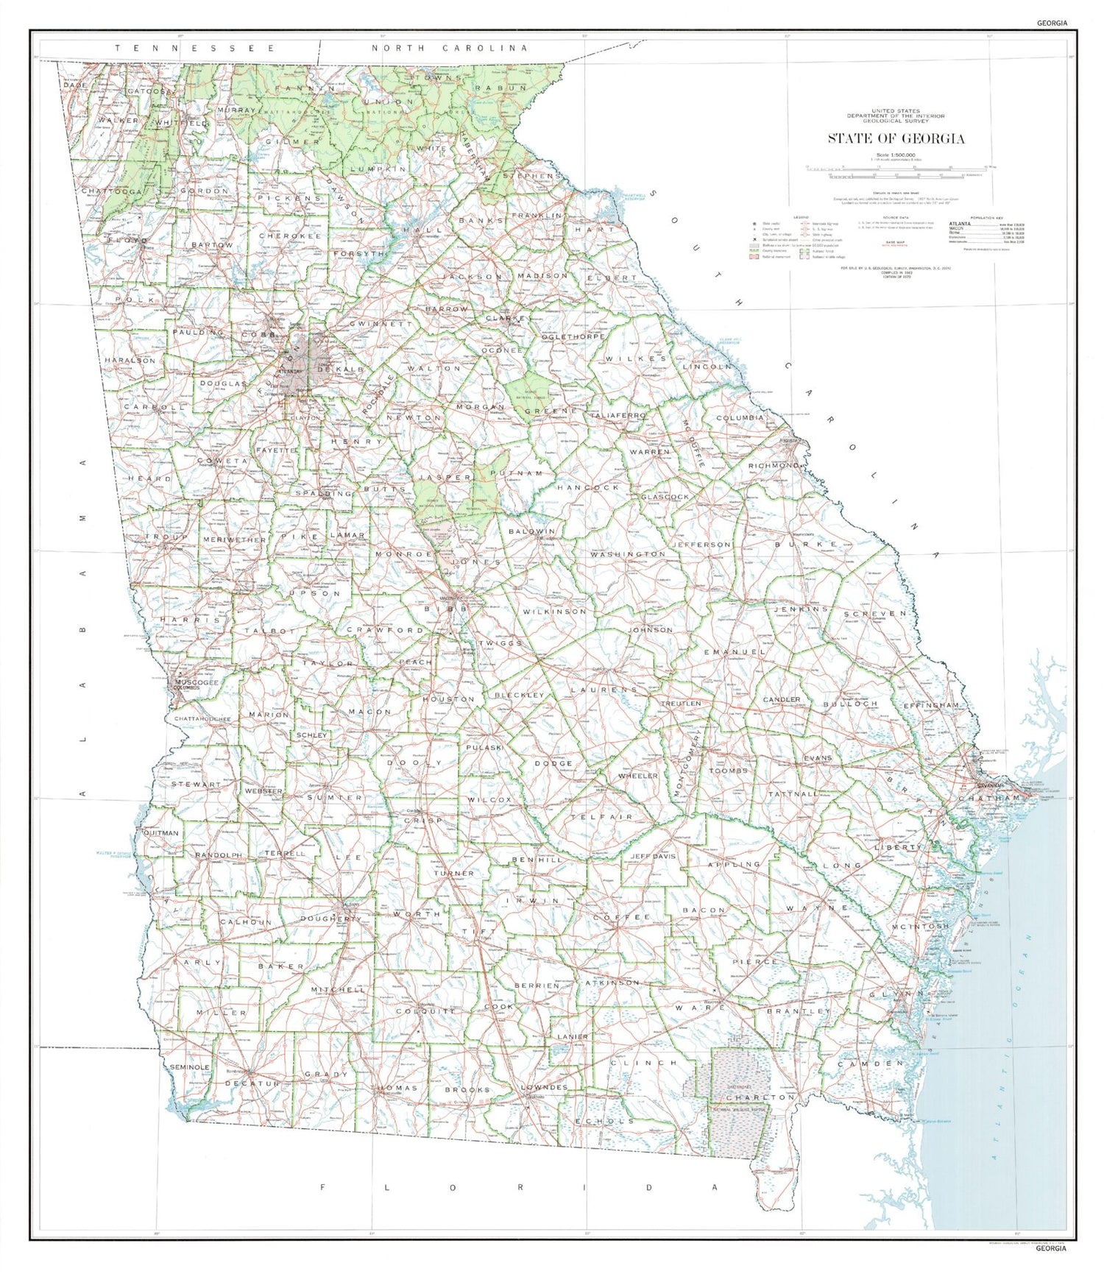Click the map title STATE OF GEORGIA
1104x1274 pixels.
(896, 138)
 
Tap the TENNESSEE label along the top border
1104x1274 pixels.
(195, 48)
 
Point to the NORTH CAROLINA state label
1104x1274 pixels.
(449, 48)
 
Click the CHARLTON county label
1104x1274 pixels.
(760, 1097)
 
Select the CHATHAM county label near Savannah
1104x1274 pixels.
(990, 798)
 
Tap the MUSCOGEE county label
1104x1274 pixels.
(197, 682)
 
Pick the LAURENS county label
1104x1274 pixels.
(604, 690)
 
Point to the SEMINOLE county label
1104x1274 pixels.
(190, 1066)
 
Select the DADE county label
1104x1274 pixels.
(74, 85)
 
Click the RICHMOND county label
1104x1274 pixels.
(774, 466)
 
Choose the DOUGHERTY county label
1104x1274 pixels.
(330, 919)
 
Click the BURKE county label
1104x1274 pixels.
(807, 544)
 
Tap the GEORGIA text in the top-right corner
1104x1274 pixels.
(1052, 23)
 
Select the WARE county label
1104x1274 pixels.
(701, 1007)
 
